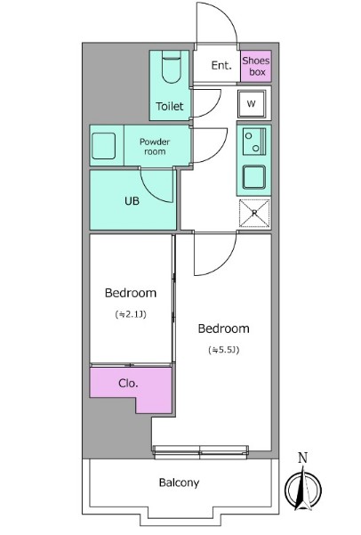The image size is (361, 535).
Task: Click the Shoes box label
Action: [256, 66]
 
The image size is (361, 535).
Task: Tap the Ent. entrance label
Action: [221, 65]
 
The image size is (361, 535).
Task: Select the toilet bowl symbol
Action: [171, 67]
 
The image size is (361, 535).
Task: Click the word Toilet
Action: [170, 107]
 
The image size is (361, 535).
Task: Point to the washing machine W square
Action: [252, 104]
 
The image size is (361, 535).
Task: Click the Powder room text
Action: [155, 146]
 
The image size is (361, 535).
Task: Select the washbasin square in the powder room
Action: [103, 146]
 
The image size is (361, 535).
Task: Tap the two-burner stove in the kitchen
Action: [254, 142]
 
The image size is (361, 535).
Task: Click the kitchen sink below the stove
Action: [254, 177]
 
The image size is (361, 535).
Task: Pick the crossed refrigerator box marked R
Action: [254, 214]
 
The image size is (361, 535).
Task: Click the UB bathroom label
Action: [132, 201]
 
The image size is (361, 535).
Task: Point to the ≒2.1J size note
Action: [131, 314]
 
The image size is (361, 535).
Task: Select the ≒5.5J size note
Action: [223, 350]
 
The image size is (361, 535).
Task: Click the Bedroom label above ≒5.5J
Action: [223, 328]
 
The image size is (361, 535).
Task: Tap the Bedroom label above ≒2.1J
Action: [131, 293]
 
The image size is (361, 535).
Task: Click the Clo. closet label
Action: [128, 383]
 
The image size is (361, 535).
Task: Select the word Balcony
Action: [179, 482]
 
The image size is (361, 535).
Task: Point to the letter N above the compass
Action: [302, 458]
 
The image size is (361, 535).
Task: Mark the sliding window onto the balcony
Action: [200, 452]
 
